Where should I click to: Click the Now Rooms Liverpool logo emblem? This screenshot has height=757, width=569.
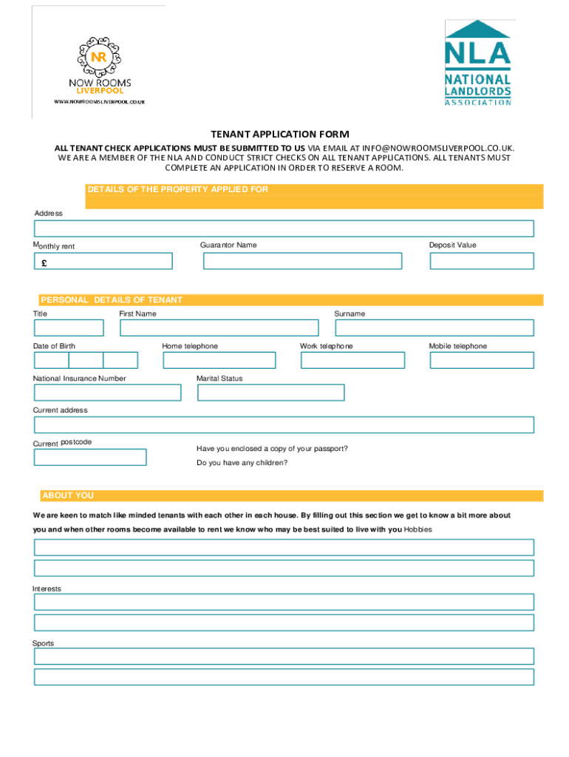coord(98,58)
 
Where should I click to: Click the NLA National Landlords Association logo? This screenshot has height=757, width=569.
coord(477,63)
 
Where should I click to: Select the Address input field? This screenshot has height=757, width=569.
coord(284,228)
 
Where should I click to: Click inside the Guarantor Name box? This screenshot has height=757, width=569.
coord(300,261)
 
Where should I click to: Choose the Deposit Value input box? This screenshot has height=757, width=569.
coord(482,261)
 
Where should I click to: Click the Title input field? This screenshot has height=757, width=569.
coord(69,327)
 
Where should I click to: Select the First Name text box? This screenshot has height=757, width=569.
coord(219,327)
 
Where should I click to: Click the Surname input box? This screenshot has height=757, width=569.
coord(434,327)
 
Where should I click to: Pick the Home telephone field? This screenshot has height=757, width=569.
coord(219,360)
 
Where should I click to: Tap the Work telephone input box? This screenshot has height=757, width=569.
coord(352,360)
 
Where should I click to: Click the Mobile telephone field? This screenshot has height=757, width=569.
coord(481,360)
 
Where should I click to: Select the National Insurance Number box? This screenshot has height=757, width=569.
coord(107,393)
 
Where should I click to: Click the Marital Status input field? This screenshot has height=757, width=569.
coord(270,393)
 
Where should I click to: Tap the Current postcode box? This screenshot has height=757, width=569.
coord(90,457)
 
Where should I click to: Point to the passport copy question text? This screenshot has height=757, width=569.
coord(272,449)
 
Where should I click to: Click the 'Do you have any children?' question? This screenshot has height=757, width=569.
coord(242,463)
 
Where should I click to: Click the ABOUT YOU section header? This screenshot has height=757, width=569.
coord(68,495)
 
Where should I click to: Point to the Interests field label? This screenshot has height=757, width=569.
coord(47,588)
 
